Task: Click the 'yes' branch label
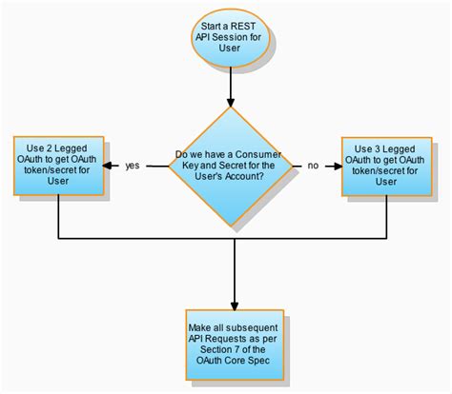(x=133, y=166)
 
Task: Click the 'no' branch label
(x=312, y=166)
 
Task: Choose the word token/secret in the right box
(x=373, y=170)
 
